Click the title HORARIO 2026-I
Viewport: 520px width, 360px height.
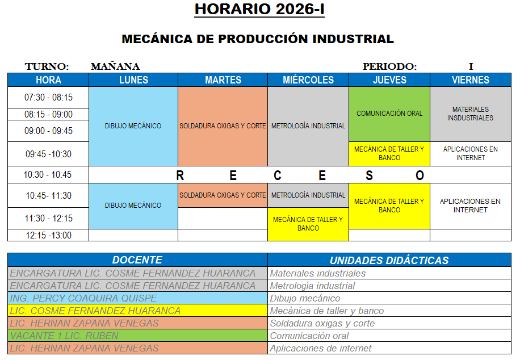(x=259, y=10)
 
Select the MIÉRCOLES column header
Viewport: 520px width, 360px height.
(x=308, y=80)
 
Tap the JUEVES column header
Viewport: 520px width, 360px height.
(x=389, y=80)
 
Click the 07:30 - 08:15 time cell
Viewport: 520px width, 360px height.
(x=48, y=98)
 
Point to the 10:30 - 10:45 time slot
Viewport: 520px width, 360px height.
(x=48, y=175)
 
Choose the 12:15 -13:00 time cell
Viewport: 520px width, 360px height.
(x=48, y=235)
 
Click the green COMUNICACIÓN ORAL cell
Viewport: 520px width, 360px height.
(x=389, y=114)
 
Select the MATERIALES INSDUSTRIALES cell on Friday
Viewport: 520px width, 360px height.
(x=471, y=114)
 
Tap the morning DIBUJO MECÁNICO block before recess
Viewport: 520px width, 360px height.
(x=133, y=126)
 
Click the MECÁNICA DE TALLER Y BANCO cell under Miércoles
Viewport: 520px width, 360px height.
(x=308, y=224)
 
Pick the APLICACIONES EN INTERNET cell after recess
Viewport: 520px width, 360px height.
(x=471, y=206)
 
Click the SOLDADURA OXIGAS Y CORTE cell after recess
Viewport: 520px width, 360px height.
(x=223, y=195)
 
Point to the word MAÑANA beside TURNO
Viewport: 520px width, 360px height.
(x=115, y=67)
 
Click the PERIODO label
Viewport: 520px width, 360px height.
(x=389, y=67)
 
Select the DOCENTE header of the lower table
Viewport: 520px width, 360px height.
(x=137, y=260)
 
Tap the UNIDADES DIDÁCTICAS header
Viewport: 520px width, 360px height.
(x=389, y=261)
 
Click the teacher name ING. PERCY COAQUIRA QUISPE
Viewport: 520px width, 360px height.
(x=83, y=298)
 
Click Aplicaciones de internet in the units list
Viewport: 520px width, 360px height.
(x=321, y=348)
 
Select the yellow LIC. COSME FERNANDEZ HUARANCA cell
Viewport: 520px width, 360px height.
(x=95, y=311)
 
